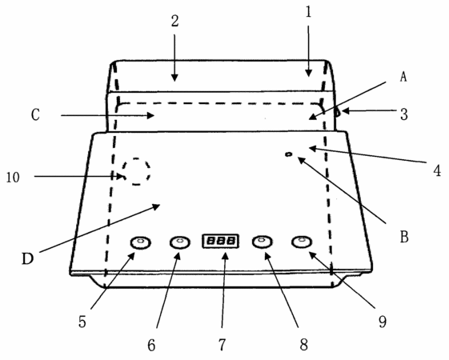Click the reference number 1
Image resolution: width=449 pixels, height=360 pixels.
pos(308,12)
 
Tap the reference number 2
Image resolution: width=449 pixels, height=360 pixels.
pos(175,21)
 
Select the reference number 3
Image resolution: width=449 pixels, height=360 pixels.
pos(403,114)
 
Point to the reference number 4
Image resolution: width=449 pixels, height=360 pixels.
pos(437,171)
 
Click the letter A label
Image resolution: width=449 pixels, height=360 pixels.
pos(403,77)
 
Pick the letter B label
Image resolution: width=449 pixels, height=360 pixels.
pos(404,237)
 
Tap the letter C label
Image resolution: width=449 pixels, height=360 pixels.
pos(35,115)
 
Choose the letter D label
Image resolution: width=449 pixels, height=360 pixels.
pos(28,258)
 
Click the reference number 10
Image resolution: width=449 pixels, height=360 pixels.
pos(13,178)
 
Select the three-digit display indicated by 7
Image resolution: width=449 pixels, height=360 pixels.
pos(220,241)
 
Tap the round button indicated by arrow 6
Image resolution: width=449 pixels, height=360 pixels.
pos(180,242)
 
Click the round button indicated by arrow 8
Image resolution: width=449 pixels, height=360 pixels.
pos(262,242)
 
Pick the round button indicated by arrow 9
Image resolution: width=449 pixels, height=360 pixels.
pos(302,242)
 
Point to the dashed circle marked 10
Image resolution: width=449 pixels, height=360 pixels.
pos(150,171)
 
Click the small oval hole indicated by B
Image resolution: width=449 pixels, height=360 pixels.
pos(289,154)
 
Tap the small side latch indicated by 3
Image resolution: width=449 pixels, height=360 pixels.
pos(338,112)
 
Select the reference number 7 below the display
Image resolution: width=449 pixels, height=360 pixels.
pos(222,344)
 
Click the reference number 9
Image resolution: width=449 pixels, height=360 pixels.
pos(383,322)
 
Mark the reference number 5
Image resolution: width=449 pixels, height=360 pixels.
pos(82,322)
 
